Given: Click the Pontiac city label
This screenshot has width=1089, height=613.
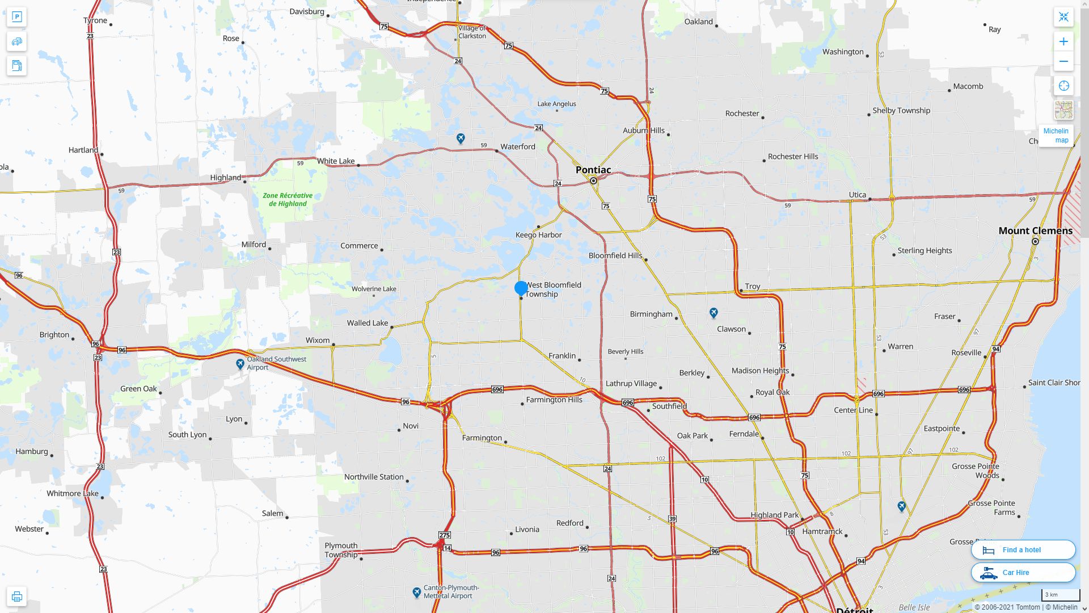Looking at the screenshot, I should tap(593, 170).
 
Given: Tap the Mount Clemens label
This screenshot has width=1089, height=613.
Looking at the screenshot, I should tap(1035, 230).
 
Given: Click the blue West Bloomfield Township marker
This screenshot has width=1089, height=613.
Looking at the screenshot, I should tap(521, 288).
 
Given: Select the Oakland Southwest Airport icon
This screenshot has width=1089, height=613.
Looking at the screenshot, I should tap(240, 364).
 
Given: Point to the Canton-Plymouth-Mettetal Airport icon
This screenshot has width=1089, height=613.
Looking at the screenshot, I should tap(417, 593).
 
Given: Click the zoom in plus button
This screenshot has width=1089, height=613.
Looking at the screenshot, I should tap(1063, 41).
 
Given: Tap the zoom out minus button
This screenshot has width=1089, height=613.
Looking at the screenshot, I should tap(1063, 61).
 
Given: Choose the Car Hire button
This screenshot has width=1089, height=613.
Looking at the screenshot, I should tap(1023, 573).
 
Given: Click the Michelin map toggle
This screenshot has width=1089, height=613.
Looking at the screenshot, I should tap(1056, 136).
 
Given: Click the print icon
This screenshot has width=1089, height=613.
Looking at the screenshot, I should tap(17, 597).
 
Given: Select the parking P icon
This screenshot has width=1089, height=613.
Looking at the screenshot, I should tap(17, 17).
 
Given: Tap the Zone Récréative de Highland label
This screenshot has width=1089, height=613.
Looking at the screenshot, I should tap(288, 199).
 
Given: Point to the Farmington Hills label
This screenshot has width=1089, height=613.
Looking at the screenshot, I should tap(554, 400).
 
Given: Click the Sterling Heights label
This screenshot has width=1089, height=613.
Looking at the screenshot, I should tap(925, 250).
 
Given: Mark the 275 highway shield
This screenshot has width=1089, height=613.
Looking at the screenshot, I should tap(444, 535).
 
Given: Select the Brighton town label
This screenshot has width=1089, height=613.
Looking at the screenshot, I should tap(54, 334).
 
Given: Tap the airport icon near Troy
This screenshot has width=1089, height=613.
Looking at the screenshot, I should tap(714, 313).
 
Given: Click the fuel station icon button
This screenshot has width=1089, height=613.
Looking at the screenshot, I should tap(17, 66).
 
